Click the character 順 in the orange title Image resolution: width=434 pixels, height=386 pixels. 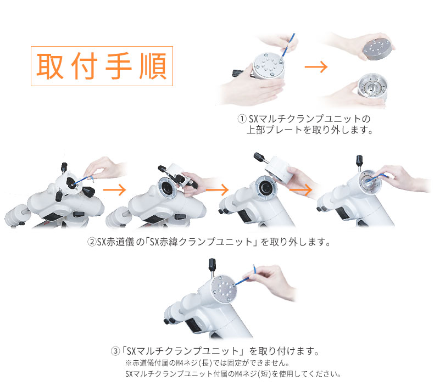coord(153,66)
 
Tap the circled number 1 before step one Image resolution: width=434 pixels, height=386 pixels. coord(242,119)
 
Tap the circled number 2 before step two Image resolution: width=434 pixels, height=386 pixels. coord(92,242)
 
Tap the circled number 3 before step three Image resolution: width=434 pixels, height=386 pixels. coord(115,351)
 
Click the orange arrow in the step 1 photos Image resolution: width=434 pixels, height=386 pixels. coord(316,66)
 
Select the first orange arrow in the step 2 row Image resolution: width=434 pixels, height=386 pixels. coord(114,190)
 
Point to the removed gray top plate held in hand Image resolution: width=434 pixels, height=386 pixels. coord(377,49)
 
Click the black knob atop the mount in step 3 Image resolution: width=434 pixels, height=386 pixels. coord(212,265)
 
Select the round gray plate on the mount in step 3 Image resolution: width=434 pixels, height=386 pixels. coord(224,289)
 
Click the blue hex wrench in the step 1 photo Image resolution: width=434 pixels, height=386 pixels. coord(288,46)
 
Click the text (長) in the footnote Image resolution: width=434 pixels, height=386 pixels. coord(205,362)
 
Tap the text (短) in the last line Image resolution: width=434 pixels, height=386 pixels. coord(264,374)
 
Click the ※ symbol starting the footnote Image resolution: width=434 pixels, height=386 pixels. coord(128,363)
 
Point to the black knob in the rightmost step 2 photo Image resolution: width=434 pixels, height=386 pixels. coord(359,160)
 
